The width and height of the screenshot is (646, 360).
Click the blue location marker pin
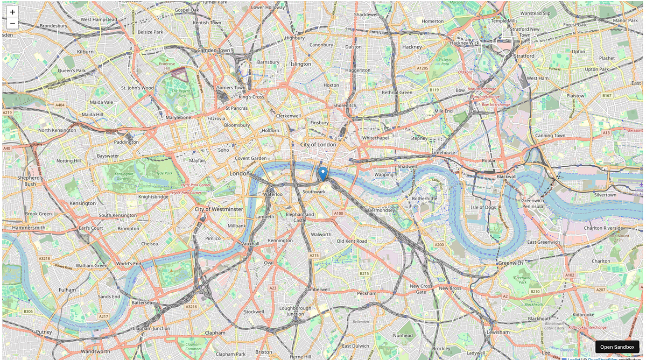click(x=323, y=174)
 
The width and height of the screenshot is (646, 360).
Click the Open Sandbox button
click(x=617, y=348)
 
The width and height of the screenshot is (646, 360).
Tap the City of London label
click(x=318, y=144)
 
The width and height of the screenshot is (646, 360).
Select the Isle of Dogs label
click(x=483, y=207)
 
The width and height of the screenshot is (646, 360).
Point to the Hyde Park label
click(x=163, y=174)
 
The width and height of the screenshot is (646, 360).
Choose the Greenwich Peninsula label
click(x=532, y=203)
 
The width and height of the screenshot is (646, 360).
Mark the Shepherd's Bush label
click(x=30, y=181)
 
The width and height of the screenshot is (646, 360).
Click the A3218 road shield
click(x=45, y=258)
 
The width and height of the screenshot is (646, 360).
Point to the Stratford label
click(x=524, y=55)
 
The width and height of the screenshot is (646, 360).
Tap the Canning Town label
click(x=550, y=136)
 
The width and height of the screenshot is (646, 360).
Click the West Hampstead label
click(x=99, y=19)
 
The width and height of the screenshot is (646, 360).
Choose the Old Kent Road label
click(x=352, y=241)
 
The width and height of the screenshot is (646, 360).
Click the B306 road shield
click(x=29, y=311)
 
